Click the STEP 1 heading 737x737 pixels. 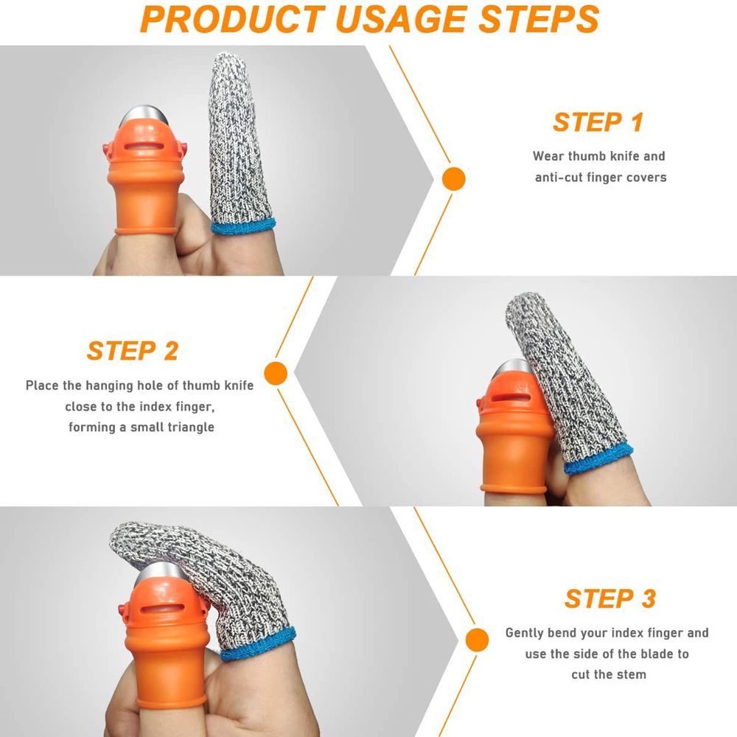598,122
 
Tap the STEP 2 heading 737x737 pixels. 133,351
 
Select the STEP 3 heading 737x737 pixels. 609,598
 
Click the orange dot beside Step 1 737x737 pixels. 453,178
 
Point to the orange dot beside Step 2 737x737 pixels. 276,373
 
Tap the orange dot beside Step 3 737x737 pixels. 477,639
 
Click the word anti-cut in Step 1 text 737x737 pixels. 559,178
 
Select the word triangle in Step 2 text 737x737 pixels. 189,427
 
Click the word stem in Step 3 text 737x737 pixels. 632,674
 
